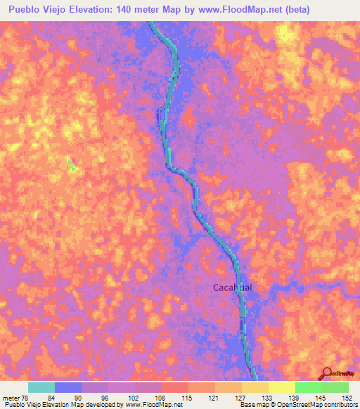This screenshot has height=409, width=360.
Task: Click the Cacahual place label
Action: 233,287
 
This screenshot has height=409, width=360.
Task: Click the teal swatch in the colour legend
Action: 41,387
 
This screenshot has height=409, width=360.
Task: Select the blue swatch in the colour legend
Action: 68,387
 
